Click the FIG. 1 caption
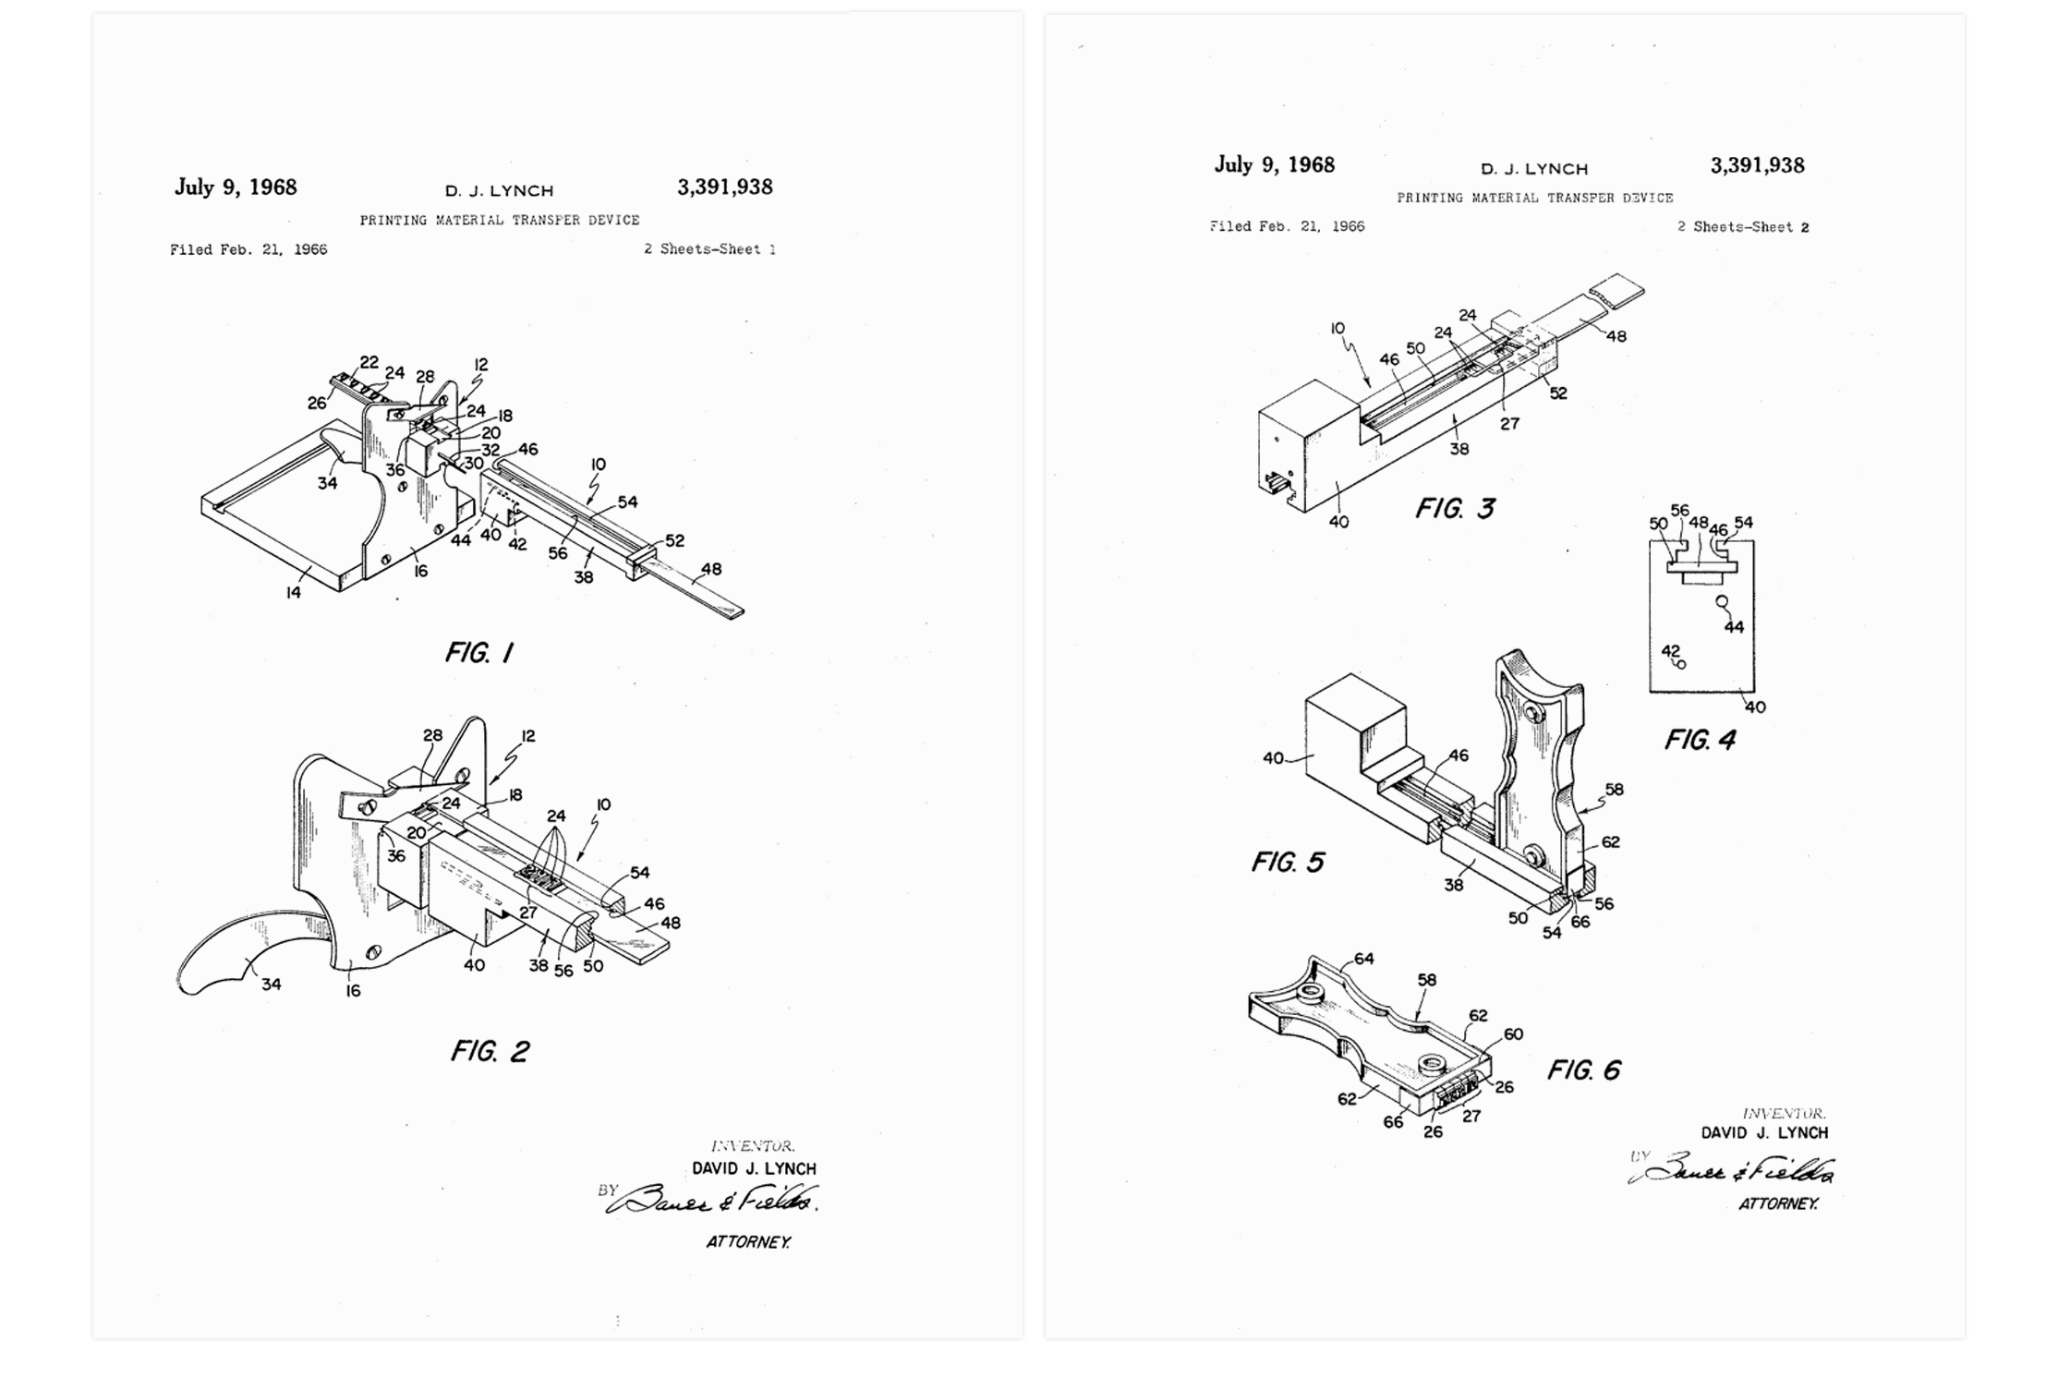(478, 653)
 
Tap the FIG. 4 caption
(1700, 740)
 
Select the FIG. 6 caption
(1583, 1070)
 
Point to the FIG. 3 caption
(1455, 508)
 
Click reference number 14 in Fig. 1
(293, 593)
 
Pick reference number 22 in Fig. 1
(369, 362)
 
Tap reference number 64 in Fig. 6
(1363, 959)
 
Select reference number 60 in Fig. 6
(1513, 1033)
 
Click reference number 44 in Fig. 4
(1734, 627)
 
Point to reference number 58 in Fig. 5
(1614, 790)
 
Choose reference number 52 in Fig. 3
(1558, 393)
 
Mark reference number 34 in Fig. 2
(271, 985)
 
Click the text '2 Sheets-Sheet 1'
(709, 249)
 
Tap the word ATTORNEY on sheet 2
(1778, 1203)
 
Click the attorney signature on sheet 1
(711, 1199)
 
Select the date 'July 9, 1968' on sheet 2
(1274, 165)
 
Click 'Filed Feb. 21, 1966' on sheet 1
(248, 249)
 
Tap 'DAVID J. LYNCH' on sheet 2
(1764, 1132)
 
